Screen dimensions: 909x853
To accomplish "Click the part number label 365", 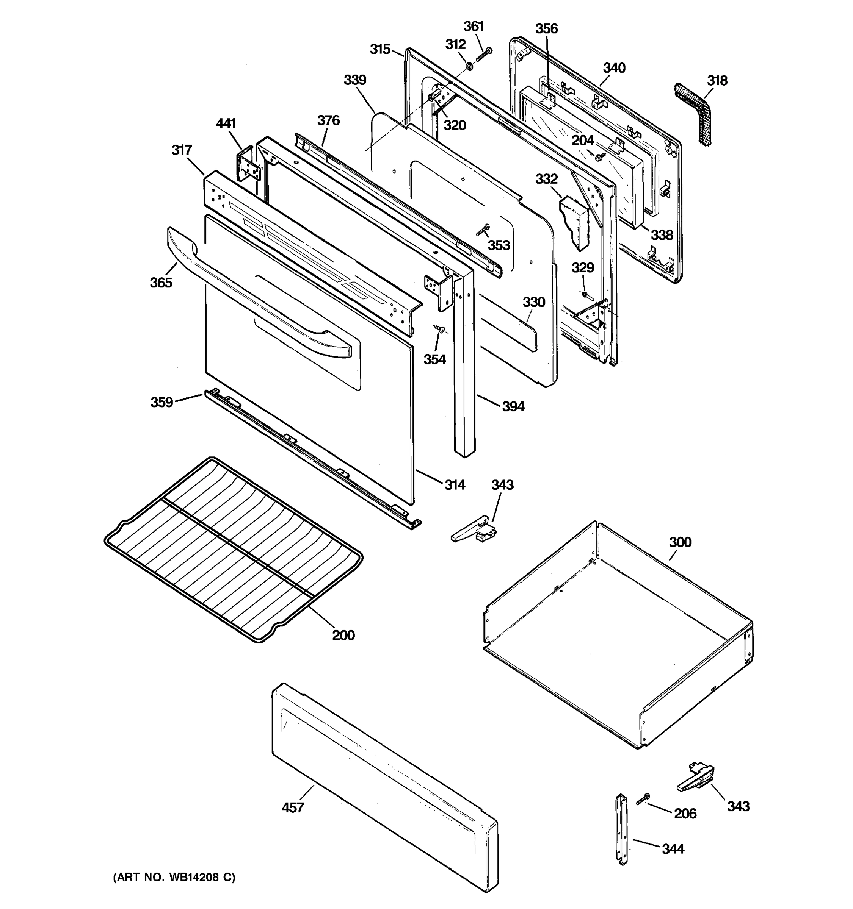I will coord(161,283).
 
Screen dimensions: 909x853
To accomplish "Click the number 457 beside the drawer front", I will coord(293,807).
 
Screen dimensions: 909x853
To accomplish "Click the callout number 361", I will coord(474,27).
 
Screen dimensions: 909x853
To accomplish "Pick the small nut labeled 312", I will coord(469,67).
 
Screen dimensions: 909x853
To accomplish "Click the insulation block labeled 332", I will coord(574,222).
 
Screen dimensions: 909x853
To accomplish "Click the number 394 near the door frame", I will coord(513,406).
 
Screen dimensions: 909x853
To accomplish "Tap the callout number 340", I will coord(614,68).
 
